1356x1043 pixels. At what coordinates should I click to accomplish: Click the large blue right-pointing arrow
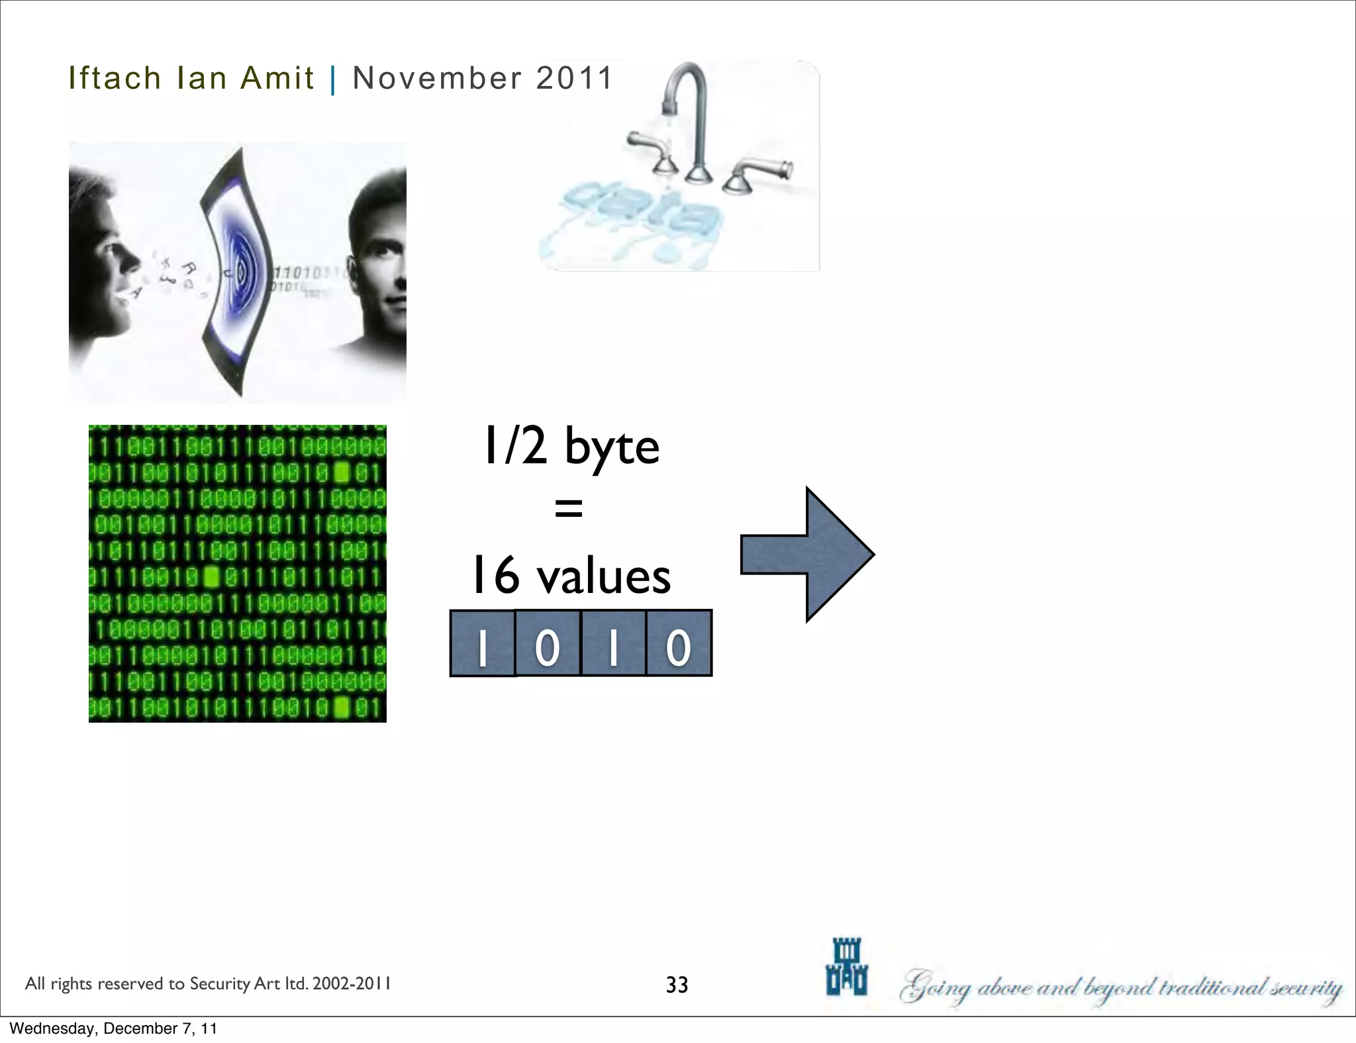click(x=808, y=555)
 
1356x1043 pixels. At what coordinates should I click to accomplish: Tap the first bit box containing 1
click(x=482, y=643)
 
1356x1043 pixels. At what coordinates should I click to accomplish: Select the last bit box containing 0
click(x=679, y=643)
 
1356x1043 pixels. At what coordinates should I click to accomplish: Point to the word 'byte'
click(x=612, y=447)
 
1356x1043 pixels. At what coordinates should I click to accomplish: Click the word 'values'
click(x=603, y=576)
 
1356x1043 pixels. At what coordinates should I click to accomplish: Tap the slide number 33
click(x=677, y=985)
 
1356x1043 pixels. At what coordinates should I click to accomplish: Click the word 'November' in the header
click(x=437, y=78)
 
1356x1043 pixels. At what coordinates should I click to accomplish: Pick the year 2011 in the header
click(x=574, y=78)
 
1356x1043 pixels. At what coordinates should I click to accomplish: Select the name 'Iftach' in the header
click(x=115, y=78)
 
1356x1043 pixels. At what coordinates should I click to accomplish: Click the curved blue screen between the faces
click(x=238, y=271)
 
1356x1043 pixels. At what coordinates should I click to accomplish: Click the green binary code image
click(x=237, y=573)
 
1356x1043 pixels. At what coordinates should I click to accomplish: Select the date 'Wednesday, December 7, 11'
click(x=113, y=1028)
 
